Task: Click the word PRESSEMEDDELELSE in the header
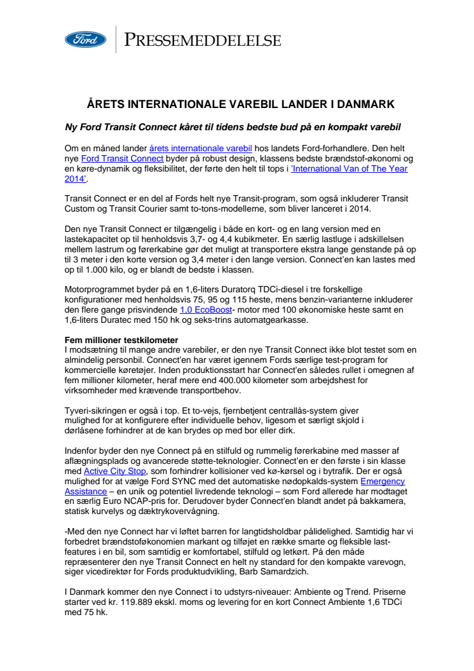tap(202, 41)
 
